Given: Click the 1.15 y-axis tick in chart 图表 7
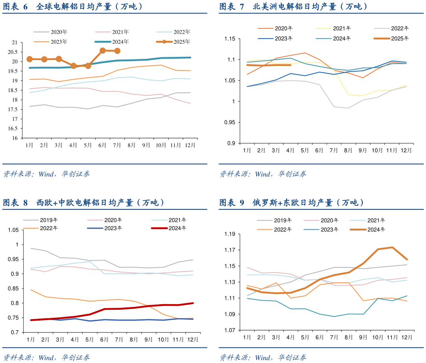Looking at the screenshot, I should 231,39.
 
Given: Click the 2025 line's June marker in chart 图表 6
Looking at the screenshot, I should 103,50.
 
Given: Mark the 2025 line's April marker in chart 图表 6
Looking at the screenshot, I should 74,66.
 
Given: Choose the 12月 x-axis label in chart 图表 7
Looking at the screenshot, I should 406,150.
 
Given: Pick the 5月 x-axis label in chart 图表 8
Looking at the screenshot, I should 90,339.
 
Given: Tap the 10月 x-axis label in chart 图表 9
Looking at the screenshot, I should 378,337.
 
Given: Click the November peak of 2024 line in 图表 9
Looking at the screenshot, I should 392,247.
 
